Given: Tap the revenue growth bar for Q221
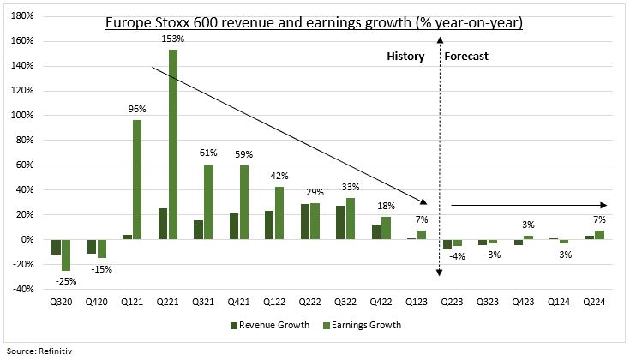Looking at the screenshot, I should [162, 224].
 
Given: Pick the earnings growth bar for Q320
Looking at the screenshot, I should [66, 255].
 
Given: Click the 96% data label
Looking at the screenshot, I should [137, 110].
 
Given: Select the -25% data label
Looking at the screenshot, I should [66, 280].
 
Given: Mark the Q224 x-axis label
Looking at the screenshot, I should [594, 302].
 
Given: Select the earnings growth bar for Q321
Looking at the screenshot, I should [208, 201].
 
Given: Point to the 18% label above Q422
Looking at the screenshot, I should [387, 207].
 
